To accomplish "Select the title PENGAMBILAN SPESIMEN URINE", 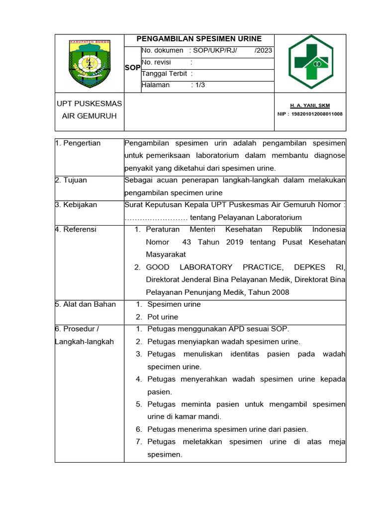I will tap(199, 39).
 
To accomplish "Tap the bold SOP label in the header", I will tap(132, 68).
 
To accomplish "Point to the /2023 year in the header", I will tap(263, 50).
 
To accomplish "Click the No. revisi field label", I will tap(156, 62).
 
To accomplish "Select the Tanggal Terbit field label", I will tap(164, 74).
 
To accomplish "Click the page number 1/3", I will tap(200, 85).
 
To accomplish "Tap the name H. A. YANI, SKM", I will tap(310, 106).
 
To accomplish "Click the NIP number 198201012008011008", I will tap(317, 114).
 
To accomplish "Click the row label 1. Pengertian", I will tap(78, 143).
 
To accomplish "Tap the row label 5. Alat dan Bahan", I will tap(86, 304).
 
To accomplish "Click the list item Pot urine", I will tap(163, 317).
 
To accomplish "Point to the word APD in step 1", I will tap(237, 329).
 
